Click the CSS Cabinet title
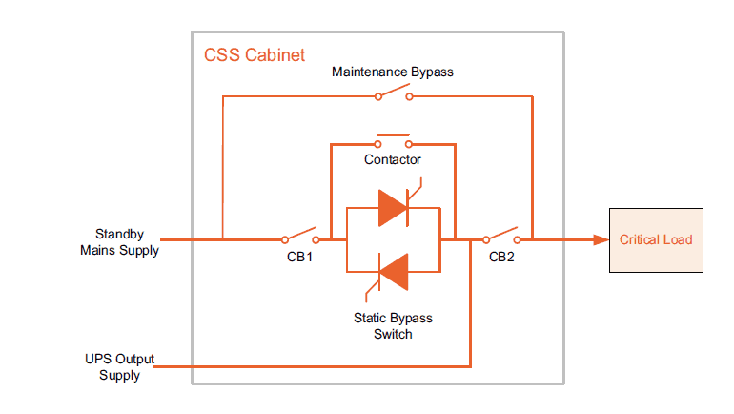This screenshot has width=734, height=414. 255,55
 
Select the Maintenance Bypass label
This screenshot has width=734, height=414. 392,72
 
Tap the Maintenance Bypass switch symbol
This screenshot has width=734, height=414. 393,93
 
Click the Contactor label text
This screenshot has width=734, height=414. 393,159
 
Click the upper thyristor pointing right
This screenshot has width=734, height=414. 394,208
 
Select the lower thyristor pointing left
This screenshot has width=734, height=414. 393,271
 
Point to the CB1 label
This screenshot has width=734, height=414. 299,257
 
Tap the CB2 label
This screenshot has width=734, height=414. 501,257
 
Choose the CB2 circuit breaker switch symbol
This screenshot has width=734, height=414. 501,236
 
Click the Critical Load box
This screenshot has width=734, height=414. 656,239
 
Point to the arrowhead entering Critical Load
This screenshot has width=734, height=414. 601,239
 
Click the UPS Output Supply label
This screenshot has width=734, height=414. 120,367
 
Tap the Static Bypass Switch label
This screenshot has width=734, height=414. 392,326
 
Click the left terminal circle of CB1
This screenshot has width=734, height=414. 284,239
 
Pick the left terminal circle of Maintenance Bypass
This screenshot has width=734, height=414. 377,96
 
